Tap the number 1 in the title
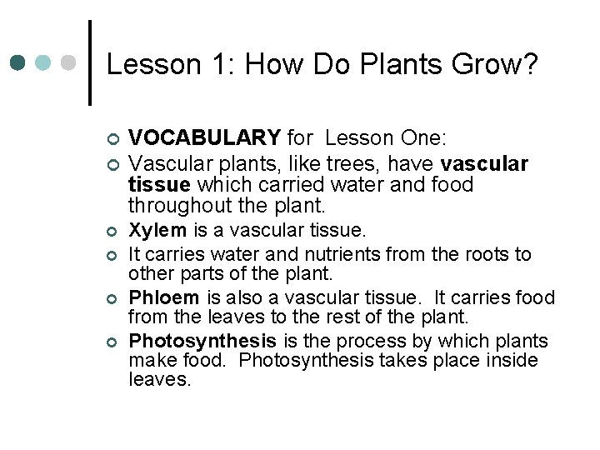(210, 64)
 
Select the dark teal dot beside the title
(19, 62)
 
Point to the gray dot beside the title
(69, 62)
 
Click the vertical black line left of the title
(89, 62)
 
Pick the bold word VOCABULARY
(205, 137)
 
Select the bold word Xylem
(157, 228)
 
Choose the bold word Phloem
(164, 297)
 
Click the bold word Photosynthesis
(202, 341)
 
